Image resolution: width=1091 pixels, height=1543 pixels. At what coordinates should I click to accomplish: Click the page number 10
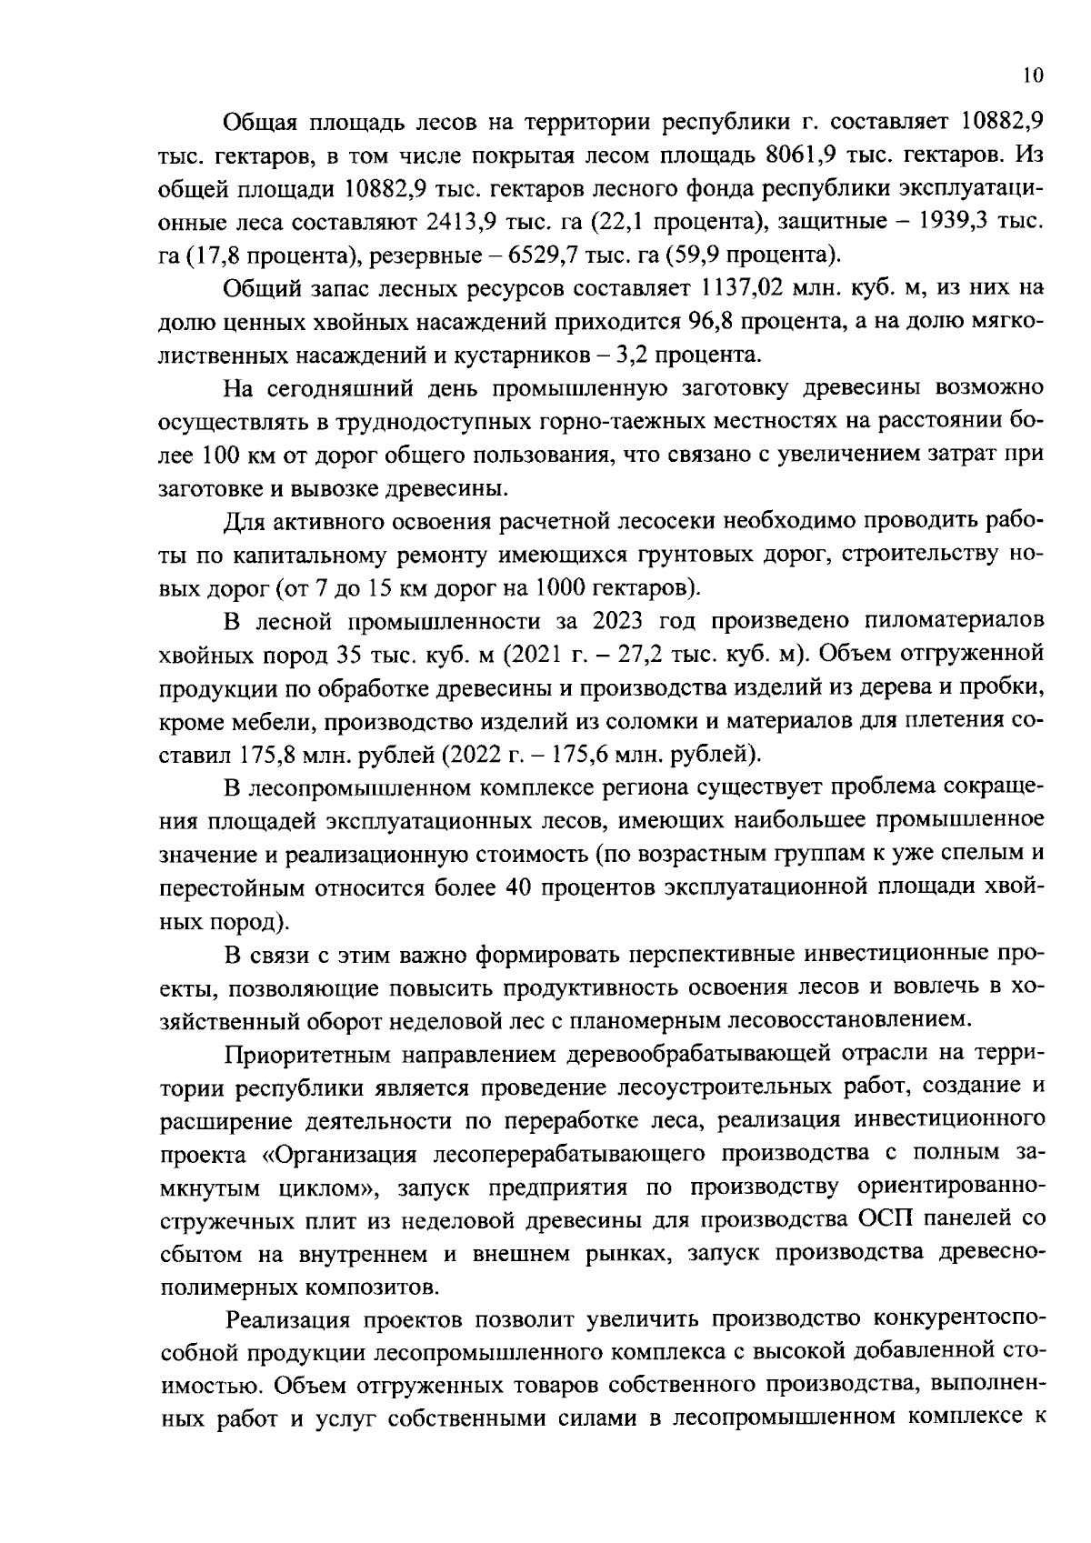pyautogui.click(x=1032, y=76)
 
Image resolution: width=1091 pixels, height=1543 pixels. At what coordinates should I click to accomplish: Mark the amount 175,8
pyautogui.click(x=270, y=755)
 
